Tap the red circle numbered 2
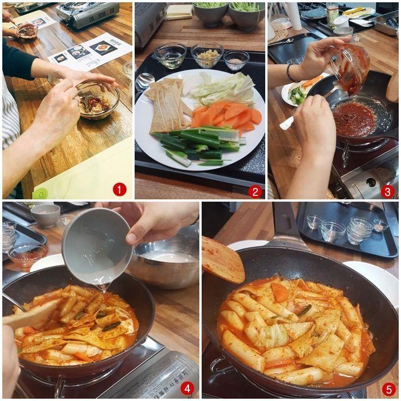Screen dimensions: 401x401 pyautogui.click(x=255, y=191)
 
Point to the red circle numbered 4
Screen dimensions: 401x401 pyautogui.click(x=187, y=388)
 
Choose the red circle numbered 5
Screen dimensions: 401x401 pyautogui.click(x=388, y=388)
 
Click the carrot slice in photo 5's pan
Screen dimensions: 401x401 pyautogui.click(x=280, y=292)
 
